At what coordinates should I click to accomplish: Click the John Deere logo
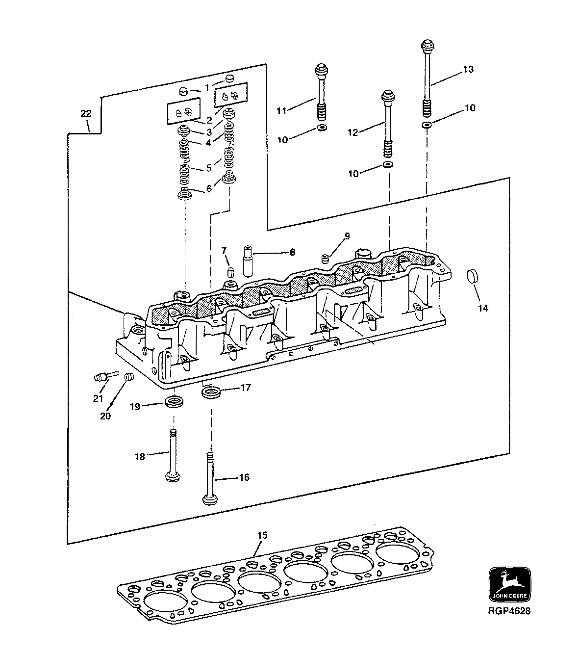click(509, 584)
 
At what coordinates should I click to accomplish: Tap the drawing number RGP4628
click(509, 611)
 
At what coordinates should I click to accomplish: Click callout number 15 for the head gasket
click(262, 535)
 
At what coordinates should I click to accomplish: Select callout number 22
click(86, 113)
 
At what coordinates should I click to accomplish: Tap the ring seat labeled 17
click(211, 392)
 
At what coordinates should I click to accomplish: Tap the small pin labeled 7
click(228, 272)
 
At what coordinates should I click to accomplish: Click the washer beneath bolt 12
click(387, 164)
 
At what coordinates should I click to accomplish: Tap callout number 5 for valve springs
click(209, 168)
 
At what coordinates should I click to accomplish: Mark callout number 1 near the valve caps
click(207, 87)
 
